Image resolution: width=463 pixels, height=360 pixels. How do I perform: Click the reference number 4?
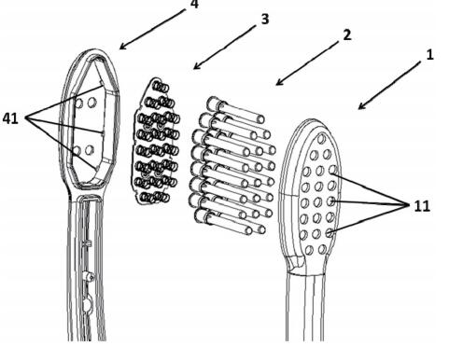(193, 4)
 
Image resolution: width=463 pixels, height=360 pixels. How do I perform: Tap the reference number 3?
(264, 19)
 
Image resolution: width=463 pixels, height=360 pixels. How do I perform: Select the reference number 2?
(347, 35)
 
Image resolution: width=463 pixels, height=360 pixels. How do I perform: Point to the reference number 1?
(429, 55)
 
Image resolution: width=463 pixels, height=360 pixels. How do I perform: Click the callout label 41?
(10, 118)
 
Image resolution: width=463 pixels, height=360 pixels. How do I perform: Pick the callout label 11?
(422, 206)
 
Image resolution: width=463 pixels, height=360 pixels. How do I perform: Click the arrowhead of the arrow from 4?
(122, 47)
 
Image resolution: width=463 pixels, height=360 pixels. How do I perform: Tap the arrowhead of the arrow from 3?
(196, 66)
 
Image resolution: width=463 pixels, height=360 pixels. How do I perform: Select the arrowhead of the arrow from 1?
(361, 106)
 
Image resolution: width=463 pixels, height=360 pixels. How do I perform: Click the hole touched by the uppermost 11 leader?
(333, 170)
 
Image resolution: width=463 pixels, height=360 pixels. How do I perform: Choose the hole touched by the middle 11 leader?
(330, 201)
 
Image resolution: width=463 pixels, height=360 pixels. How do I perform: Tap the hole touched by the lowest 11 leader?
(329, 232)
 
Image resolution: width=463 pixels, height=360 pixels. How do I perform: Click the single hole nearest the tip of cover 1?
(322, 139)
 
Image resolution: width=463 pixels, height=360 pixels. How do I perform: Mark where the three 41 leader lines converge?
(27, 118)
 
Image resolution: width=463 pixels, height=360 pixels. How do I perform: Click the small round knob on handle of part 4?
(89, 276)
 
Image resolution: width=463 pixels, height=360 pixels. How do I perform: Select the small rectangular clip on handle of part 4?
(88, 243)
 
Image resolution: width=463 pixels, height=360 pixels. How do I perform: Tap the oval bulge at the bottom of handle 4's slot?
(87, 304)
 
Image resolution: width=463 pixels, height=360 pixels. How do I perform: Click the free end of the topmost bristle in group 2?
(260, 119)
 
